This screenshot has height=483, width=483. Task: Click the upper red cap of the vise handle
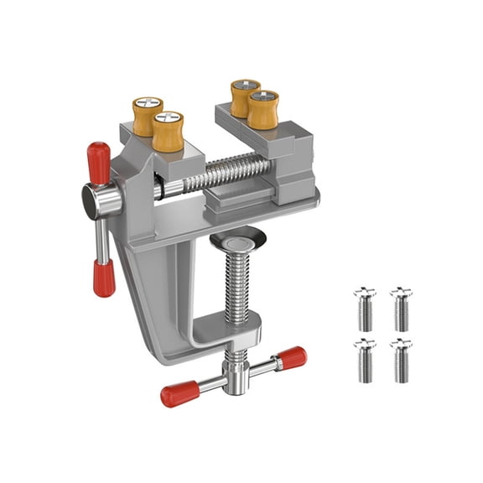[x=97, y=162]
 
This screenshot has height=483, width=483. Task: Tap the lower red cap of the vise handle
[x=104, y=276]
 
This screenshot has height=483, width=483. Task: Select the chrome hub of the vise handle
[x=98, y=200]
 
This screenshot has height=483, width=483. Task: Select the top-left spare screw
[x=365, y=308]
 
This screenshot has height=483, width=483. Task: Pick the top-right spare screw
[x=400, y=308]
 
